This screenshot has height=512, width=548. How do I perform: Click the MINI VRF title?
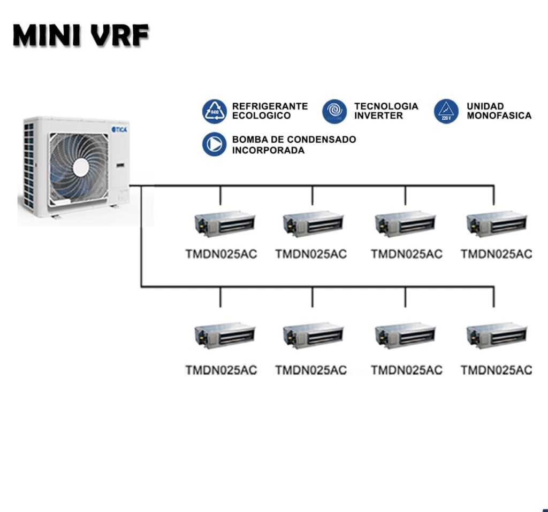[81, 36]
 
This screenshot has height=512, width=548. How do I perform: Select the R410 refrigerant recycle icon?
[214, 111]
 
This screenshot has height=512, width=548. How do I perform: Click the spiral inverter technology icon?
[334, 111]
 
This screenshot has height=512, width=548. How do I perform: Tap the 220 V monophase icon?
[446, 111]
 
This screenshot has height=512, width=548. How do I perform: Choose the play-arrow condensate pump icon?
[214, 144]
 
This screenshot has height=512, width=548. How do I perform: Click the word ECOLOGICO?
[261, 116]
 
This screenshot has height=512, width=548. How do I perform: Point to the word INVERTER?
[378, 116]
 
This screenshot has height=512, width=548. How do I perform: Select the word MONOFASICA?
[499, 116]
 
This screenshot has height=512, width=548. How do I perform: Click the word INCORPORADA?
[268, 151]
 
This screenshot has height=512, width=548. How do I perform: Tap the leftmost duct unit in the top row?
[225, 223]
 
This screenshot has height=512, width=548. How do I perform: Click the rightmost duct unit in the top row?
[497, 223]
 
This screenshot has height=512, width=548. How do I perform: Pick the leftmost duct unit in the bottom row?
[225, 335]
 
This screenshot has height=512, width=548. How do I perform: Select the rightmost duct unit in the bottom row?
[497, 335]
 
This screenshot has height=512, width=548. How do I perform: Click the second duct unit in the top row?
[314, 223]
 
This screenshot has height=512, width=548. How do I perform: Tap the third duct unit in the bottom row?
[405, 335]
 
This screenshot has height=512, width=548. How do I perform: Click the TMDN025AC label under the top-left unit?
[221, 254]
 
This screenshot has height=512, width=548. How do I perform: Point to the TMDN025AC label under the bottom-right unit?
[496, 370]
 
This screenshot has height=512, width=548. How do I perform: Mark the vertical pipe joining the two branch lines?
[141, 238]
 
